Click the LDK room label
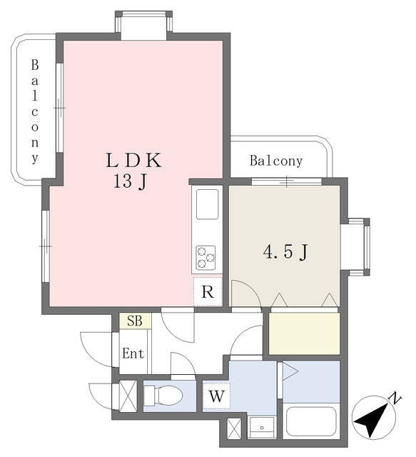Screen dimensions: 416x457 pos(133,160)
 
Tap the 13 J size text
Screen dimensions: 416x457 pos(130,183)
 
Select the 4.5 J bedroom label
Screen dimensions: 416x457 pos(285,252)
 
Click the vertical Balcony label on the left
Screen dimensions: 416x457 pos(35,111)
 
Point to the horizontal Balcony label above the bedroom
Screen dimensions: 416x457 pos(276,161)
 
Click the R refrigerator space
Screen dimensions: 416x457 pos(208,291)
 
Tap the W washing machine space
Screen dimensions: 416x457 pos(217,396)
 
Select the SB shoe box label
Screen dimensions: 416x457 pos(135,321)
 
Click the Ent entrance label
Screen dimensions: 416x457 pos(133,353)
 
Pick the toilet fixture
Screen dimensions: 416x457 pos(163,396)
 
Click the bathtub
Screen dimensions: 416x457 pos(311,422)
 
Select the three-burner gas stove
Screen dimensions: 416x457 pos(206,257)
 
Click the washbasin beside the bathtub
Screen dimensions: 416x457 pos(262,427)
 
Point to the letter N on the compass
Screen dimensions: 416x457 pos(395,398)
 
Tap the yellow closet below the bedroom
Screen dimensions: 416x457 pos(304,333)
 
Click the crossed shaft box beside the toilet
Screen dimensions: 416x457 pos(128,396)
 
